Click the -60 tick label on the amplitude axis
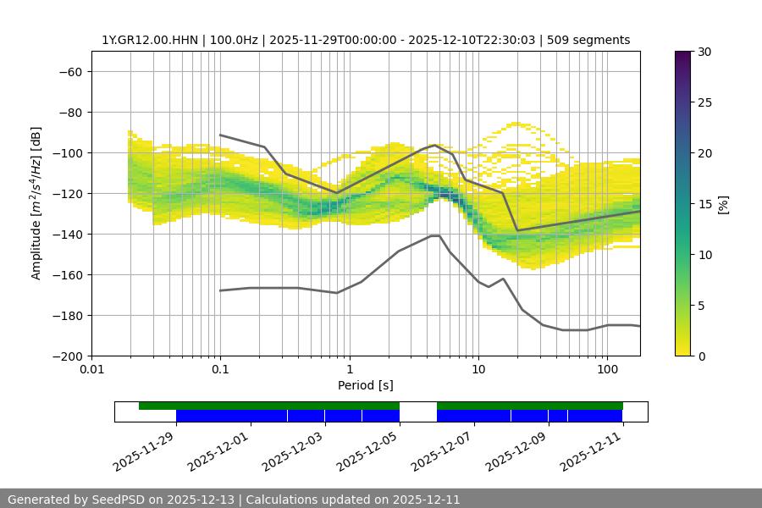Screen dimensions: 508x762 [69, 71]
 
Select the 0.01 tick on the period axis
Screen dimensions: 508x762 [91, 369]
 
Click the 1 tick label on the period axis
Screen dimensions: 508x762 [349, 369]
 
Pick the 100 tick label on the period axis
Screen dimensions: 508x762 [606, 369]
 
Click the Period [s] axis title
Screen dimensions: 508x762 [365, 385]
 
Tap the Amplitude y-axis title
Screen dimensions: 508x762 [36, 203]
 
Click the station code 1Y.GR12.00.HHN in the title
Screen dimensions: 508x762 [149, 40]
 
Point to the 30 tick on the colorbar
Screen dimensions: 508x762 [704, 52]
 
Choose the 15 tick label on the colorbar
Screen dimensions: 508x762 [704, 204]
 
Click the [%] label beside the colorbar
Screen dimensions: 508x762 [722, 204]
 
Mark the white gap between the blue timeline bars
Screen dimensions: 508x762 [418, 415]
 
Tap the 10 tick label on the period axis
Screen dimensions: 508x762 [478, 369]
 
